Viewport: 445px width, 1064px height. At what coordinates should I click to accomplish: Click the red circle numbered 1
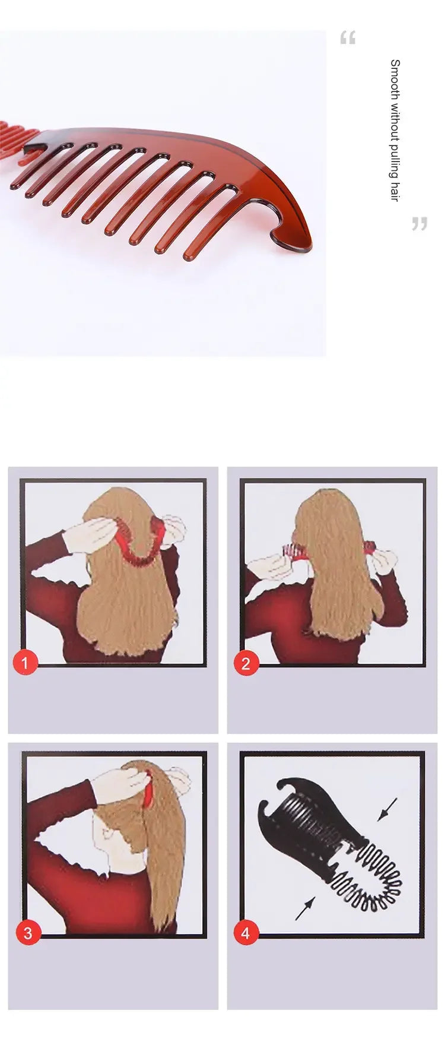pos(25,662)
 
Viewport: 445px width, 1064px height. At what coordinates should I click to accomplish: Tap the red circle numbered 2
pos(246,663)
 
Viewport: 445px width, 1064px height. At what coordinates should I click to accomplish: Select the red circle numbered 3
pos(27,933)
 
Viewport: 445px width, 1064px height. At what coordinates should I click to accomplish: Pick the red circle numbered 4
pos(246,933)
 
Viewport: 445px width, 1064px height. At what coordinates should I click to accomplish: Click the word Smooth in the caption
pos(395,75)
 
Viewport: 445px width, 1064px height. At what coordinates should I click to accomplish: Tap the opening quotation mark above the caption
pos(348,39)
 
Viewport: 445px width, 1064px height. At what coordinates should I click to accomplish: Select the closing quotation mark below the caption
pos(419,224)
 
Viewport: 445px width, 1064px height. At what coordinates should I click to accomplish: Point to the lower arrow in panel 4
pos(304,908)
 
